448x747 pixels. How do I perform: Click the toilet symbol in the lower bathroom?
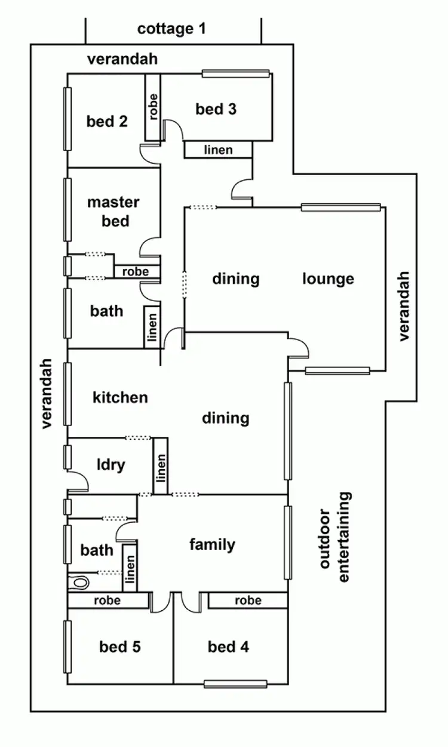coord(79,580)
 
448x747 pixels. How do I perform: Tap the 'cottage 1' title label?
coord(171,29)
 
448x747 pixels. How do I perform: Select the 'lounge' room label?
coord(328,278)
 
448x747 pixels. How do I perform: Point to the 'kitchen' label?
coord(120,397)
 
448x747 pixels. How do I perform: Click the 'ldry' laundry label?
coord(111,464)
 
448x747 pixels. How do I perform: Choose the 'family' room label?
coord(212,544)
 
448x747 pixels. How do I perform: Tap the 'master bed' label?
coord(113,212)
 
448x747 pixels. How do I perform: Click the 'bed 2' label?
coord(107,121)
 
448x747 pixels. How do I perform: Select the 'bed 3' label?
coord(216,109)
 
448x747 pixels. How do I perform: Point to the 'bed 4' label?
coord(228,647)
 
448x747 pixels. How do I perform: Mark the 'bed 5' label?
coord(120,647)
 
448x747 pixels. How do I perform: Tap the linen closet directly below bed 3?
coord(218,149)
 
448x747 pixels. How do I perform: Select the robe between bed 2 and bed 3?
coord(153,108)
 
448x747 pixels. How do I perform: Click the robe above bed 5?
coord(108,600)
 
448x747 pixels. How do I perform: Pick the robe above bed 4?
coord(247,600)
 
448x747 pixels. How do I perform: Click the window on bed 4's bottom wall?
coord(235,684)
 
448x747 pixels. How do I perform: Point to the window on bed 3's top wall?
coord(237,74)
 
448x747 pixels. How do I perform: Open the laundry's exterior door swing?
coord(78,482)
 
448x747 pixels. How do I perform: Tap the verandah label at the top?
coord(122,59)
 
